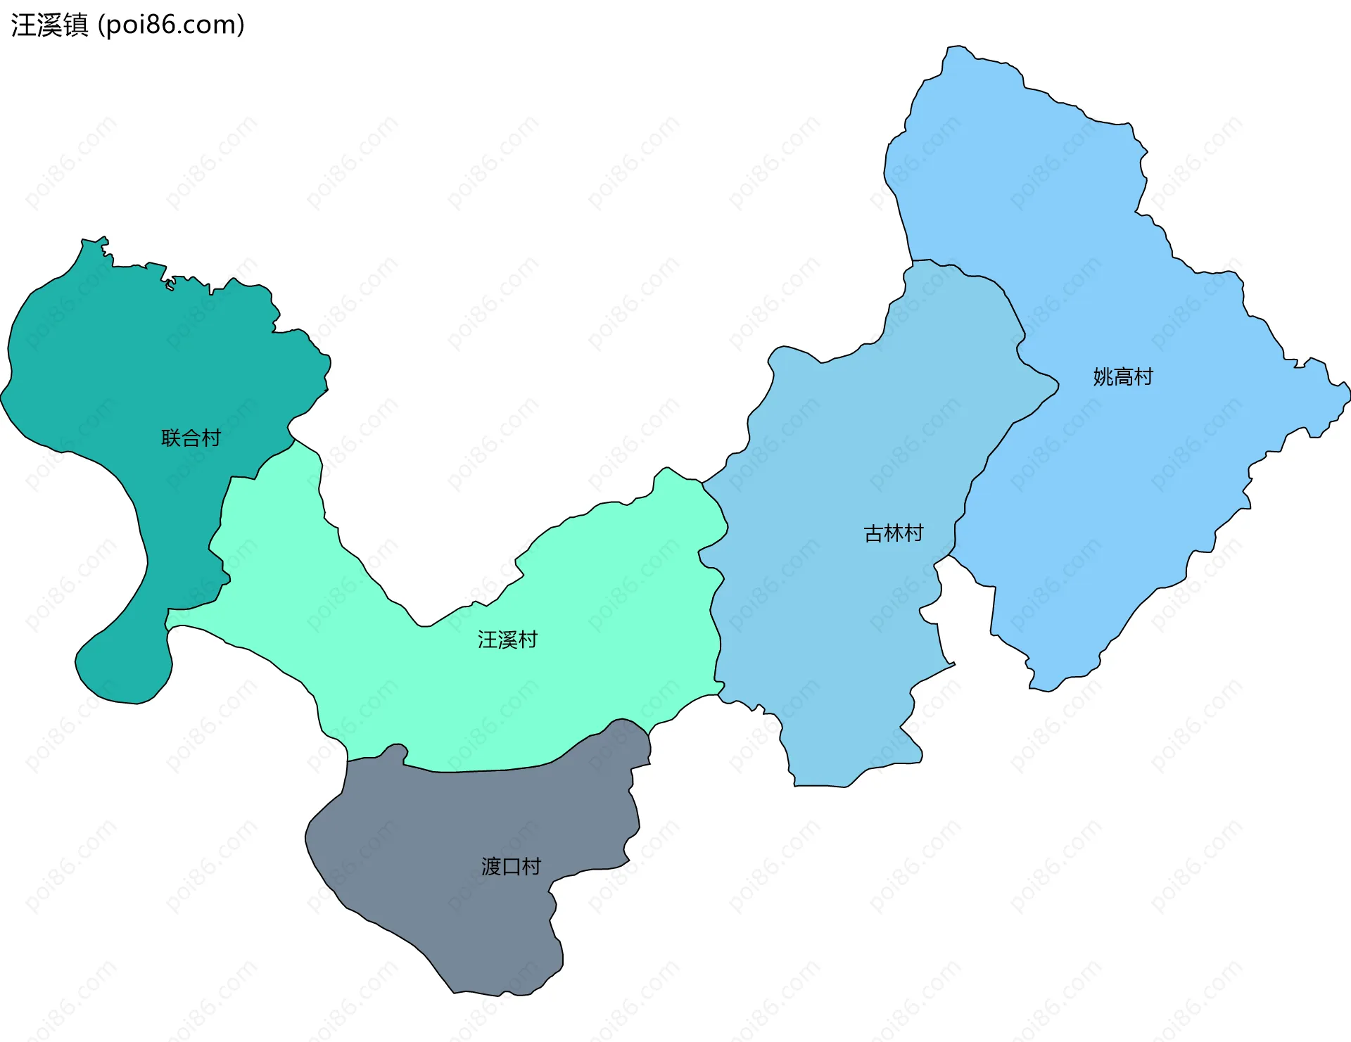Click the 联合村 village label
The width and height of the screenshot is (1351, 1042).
click(x=191, y=438)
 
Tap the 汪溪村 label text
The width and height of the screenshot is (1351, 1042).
click(x=507, y=640)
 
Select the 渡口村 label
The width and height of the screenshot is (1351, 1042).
click(x=511, y=866)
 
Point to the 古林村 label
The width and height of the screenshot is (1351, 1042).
click(x=893, y=533)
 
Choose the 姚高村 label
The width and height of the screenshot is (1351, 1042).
click(x=1123, y=377)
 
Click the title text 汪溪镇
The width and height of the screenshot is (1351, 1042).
click(x=49, y=25)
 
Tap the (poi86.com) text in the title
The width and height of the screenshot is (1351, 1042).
click(x=171, y=25)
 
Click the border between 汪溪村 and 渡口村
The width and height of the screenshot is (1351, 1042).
click(x=486, y=770)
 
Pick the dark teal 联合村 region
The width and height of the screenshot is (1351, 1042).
click(x=141, y=366)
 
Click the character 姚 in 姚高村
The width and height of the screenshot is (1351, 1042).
click(x=1103, y=377)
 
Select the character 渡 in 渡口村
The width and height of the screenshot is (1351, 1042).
click(x=491, y=866)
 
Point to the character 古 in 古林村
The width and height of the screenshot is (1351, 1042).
click(x=873, y=533)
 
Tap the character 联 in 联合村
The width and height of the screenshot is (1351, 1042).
click(x=171, y=438)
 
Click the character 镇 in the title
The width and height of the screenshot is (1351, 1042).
click(x=75, y=25)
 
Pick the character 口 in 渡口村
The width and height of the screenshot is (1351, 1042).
click(x=511, y=866)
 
